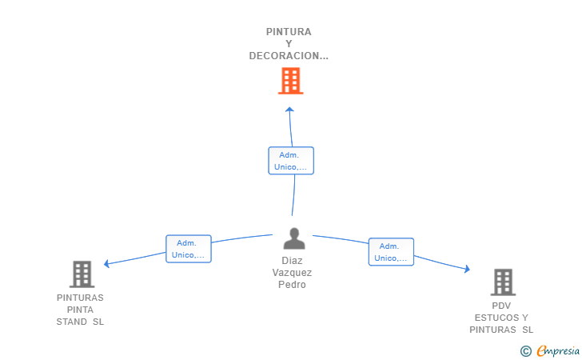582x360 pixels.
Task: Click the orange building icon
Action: (x=291, y=81)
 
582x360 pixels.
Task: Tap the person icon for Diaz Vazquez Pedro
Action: (x=294, y=238)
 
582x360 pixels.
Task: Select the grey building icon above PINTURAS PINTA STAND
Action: (x=82, y=274)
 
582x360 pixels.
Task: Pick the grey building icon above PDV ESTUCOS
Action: (x=503, y=282)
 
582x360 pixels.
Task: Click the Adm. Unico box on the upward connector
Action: (x=291, y=161)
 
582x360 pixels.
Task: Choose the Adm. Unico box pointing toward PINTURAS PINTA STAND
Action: (x=189, y=249)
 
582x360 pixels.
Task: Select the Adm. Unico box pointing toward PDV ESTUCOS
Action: (x=391, y=252)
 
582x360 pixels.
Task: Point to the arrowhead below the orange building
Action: (x=289, y=110)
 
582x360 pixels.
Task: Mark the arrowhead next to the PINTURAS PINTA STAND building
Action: (x=106, y=264)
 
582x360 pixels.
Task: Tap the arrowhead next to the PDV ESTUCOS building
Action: (x=468, y=269)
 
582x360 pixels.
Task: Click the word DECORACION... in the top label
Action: (x=289, y=56)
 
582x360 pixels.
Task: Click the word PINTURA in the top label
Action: (x=289, y=32)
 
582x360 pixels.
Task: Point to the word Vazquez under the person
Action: (x=292, y=273)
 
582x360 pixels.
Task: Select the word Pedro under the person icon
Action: (x=292, y=285)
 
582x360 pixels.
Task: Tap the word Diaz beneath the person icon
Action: (x=292, y=261)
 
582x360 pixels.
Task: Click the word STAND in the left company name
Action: (x=72, y=322)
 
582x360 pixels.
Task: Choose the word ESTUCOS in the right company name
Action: (x=497, y=318)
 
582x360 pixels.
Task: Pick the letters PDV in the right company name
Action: (x=501, y=306)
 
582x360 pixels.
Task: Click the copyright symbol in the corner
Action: (x=526, y=351)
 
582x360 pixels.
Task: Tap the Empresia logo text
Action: (x=558, y=350)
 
